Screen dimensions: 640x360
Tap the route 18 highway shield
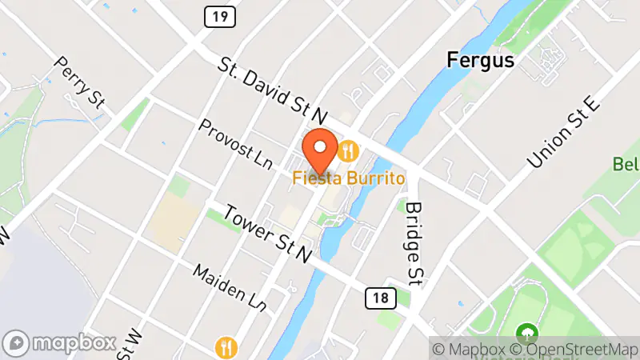381,298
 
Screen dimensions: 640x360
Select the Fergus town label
480,60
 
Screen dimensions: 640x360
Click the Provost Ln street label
236,144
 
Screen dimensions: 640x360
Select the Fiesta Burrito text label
347,177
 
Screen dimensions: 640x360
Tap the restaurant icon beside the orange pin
348,150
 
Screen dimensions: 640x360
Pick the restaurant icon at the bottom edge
227,347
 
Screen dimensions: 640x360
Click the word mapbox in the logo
74,343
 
